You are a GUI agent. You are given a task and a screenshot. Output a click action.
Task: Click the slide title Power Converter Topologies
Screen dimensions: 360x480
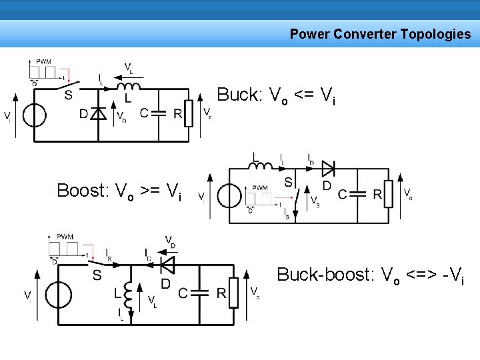[x=380, y=34]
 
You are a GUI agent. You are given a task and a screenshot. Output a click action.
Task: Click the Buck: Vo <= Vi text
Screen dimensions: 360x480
[x=276, y=96]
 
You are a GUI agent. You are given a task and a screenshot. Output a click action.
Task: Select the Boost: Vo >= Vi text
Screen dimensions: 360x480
[x=119, y=191]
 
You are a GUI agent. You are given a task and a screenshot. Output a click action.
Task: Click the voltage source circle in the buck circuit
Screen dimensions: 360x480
[x=34, y=115]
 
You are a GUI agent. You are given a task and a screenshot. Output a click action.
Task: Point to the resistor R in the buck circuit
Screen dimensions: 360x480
[x=189, y=113]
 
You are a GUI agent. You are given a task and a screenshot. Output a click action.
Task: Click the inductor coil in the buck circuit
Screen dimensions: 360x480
[x=129, y=86]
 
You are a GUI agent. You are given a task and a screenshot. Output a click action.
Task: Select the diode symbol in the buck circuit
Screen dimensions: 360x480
[x=98, y=114]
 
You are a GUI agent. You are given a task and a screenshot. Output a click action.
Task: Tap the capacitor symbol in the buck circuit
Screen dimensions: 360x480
[x=158, y=113]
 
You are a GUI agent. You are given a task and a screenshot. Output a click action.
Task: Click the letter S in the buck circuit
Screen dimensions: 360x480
[x=68, y=95]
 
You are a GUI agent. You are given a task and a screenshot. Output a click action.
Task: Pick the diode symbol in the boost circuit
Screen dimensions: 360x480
[x=327, y=169]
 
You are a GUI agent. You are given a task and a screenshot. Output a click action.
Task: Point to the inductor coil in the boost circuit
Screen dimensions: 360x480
[x=261, y=165]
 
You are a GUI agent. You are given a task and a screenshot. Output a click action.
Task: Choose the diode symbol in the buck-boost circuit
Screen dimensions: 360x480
[x=167, y=265]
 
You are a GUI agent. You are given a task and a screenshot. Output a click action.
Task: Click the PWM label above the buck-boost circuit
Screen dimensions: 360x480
[x=65, y=237]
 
